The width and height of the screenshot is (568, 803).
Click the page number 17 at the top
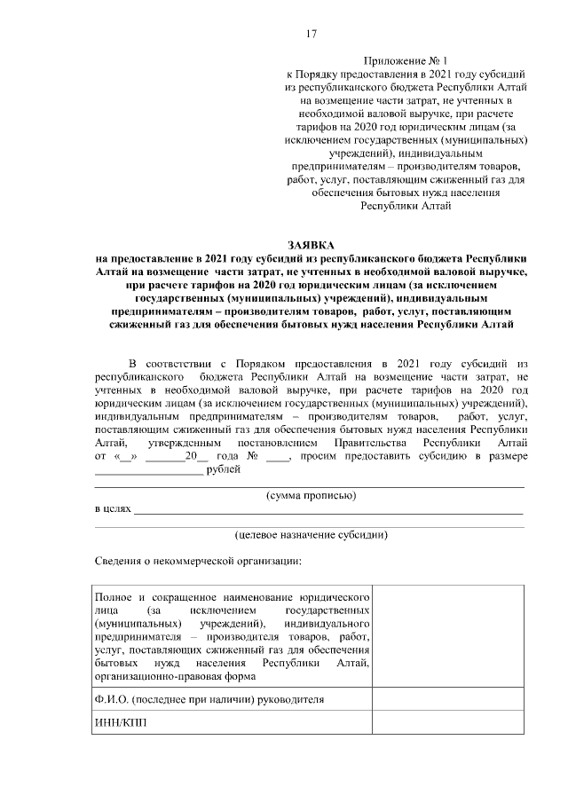coord(311,34)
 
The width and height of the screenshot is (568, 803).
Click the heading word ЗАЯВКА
coord(310,244)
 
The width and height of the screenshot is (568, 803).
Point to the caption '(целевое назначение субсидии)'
coord(311,535)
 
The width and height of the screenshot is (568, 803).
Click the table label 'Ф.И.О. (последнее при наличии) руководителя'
coord(209,699)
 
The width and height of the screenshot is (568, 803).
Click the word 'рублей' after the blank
coord(223,469)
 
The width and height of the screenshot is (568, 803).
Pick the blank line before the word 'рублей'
coord(148,470)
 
